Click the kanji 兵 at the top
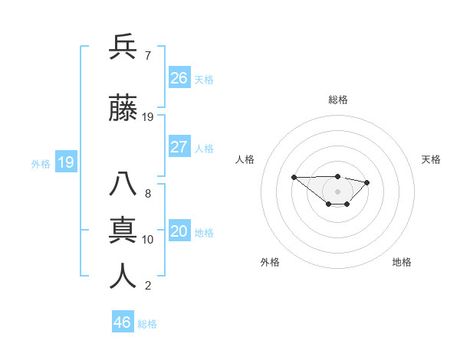tap(123, 47)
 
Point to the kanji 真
tap(123, 230)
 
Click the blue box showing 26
tap(179, 77)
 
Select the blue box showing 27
tap(179, 147)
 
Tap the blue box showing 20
tap(179, 231)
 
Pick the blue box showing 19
tap(66, 162)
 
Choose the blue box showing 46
tap(123, 322)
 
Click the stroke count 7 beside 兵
tap(147, 56)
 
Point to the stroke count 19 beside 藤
tap(148, 117)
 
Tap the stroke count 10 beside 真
tap(148, 240)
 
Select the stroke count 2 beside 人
tap(147, 286)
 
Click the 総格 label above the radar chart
tap(338, 100)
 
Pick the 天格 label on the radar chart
tap(432, 159)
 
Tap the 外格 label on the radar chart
tap(270, 262)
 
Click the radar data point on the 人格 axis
tap(294, 177)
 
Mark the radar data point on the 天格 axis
tap(367, 182)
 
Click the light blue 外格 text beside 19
tap(40, 163)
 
